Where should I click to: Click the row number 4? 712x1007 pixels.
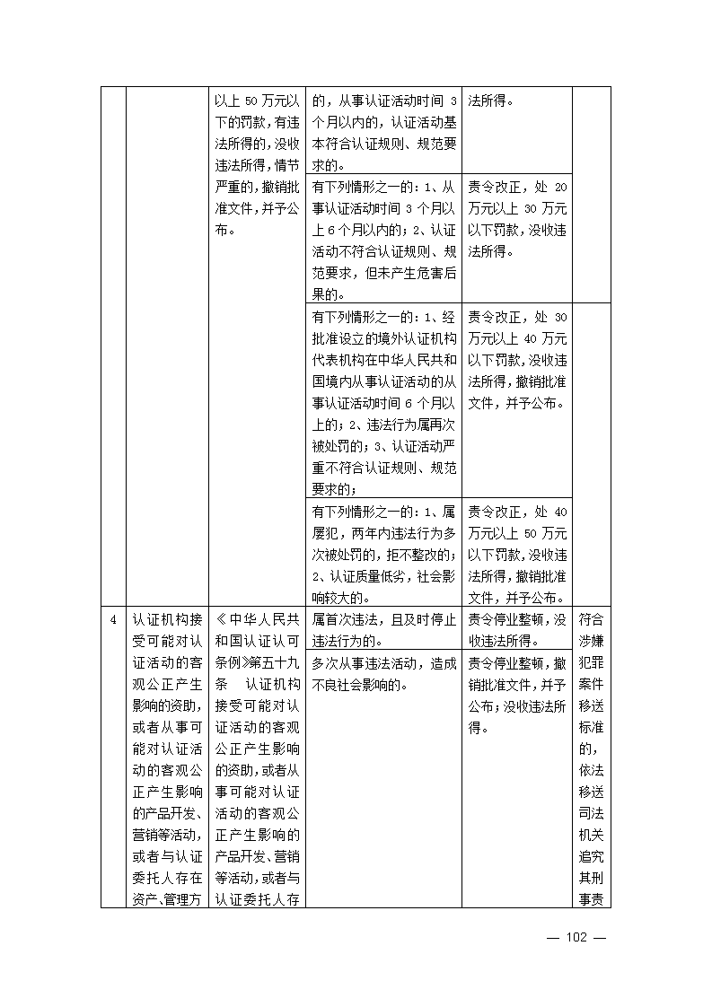tap(112, 620)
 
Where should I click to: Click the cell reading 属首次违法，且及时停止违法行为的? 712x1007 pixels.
tap(383, 630)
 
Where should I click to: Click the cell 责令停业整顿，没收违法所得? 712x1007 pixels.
tap(516, 630)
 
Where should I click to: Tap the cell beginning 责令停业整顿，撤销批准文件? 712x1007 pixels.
tap(516, 696)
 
